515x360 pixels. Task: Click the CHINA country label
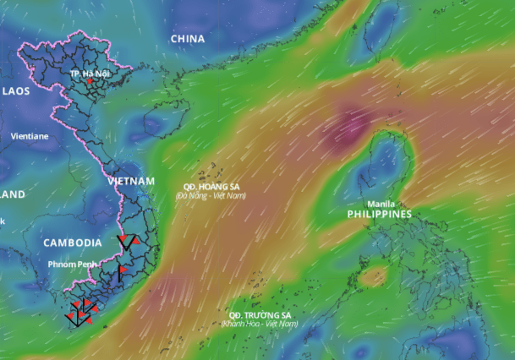188,39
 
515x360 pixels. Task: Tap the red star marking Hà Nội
90,82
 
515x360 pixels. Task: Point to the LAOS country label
16,90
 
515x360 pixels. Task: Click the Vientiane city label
30,136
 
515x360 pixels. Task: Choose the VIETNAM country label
131,182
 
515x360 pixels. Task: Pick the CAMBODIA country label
73,243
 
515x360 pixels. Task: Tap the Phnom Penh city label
73,265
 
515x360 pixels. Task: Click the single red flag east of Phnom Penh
122,270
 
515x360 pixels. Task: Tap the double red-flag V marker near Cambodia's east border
129,242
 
